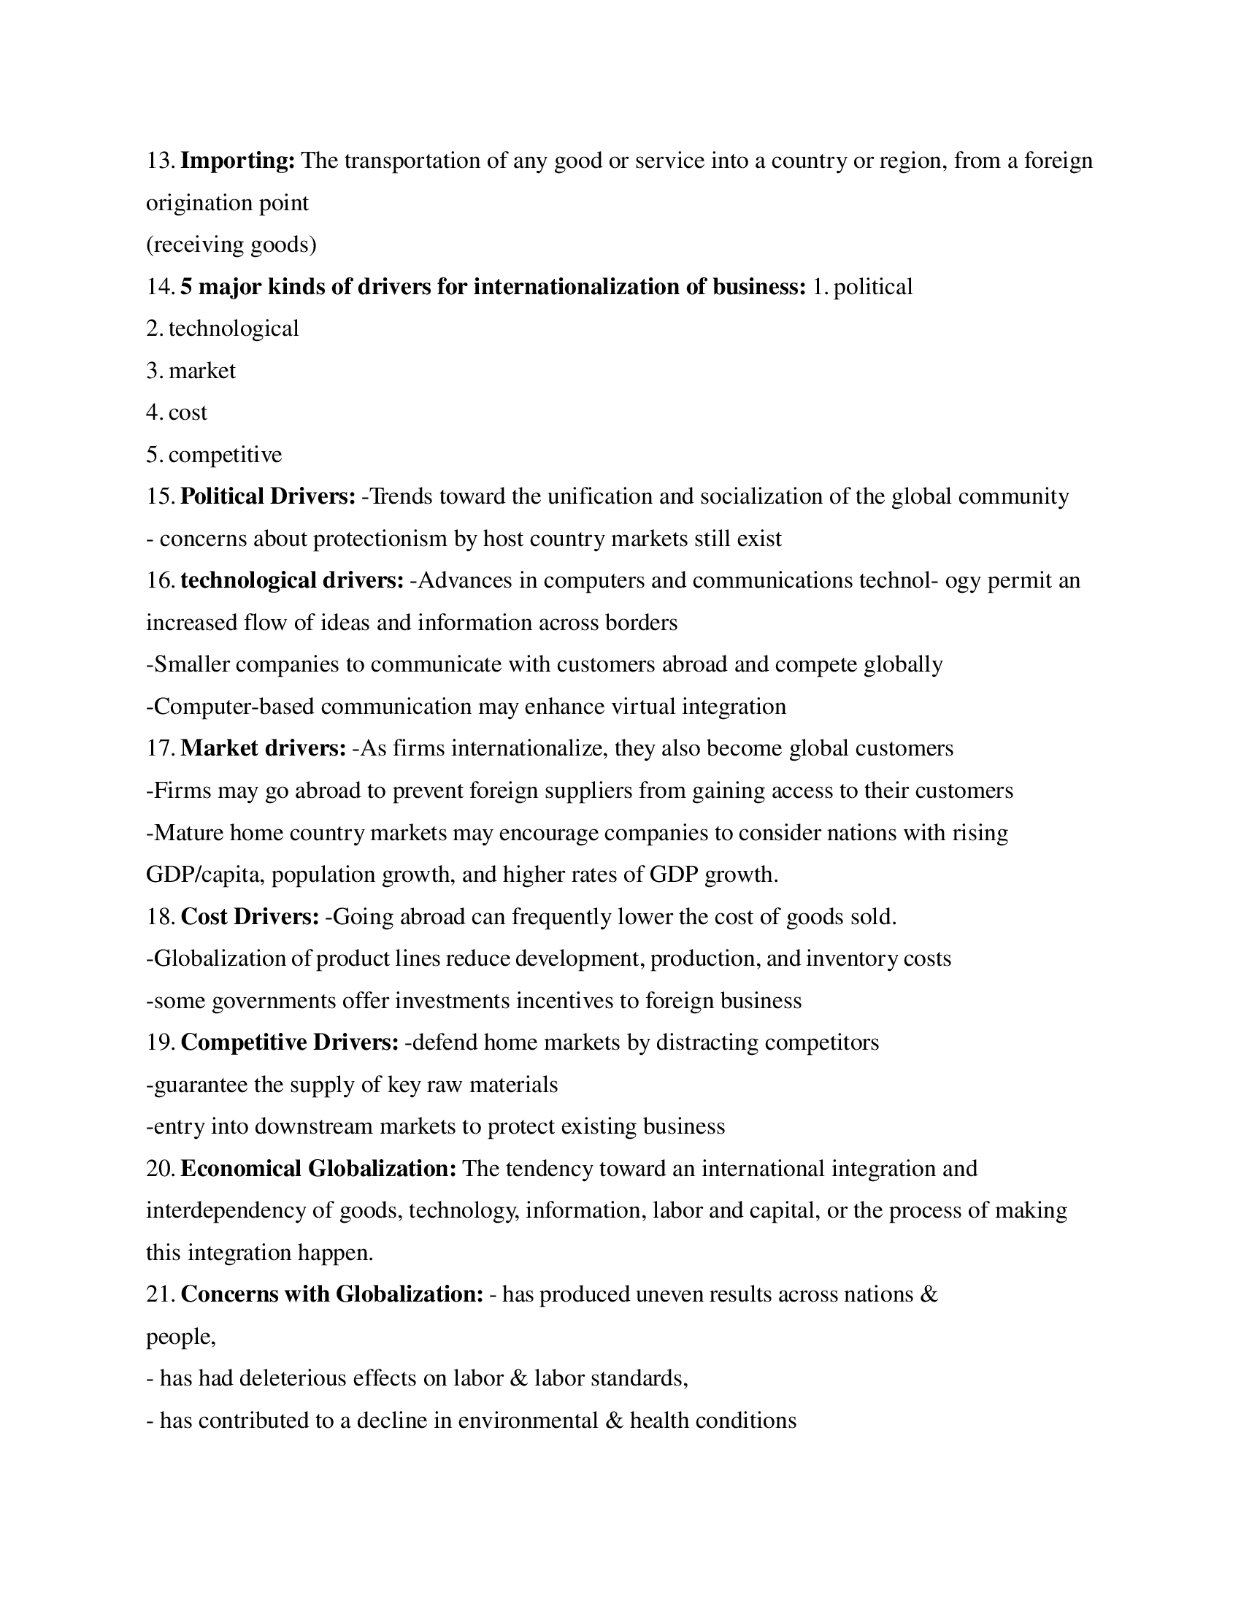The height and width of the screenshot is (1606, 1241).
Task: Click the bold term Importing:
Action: [237, 161]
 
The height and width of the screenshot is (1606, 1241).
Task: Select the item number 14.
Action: [160, 287]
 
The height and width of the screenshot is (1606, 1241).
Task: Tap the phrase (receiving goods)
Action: [231, 244]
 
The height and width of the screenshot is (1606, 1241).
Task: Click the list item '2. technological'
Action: [222, 328]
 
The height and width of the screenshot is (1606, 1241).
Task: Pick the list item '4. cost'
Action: [177, 412]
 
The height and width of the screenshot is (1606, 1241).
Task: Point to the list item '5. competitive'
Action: [214, 455]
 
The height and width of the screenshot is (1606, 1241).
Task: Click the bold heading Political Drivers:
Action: [268, 496]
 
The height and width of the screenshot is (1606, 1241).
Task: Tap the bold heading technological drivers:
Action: [292, 581]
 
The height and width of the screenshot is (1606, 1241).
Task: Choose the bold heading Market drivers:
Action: [264, 748]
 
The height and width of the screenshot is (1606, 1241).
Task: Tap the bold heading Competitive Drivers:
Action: [290, 1042]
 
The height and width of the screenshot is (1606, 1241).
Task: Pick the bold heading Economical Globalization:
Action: [318, 1169]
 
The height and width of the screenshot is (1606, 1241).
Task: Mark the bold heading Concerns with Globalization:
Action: [331, 1295]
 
